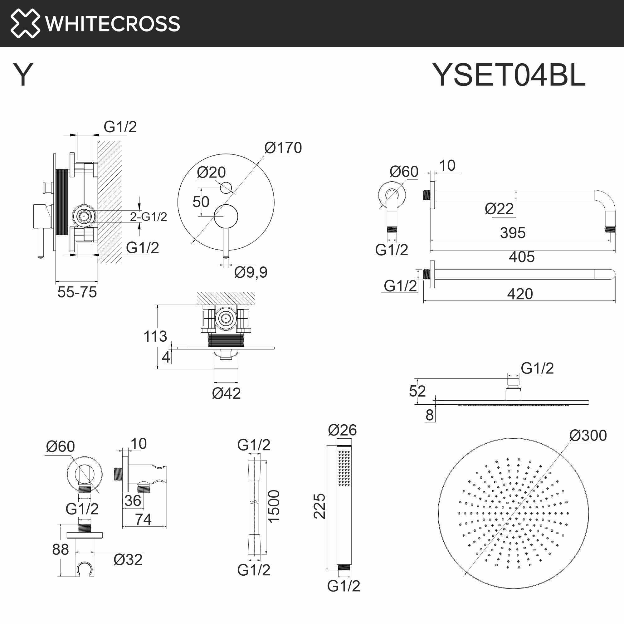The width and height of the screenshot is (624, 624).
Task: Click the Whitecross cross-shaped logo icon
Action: tap(25, 23)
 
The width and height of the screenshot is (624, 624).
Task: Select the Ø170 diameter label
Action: tap(283, 148)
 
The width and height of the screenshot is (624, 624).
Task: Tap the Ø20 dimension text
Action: tap(211, 173)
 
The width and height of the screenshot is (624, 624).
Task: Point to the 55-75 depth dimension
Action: tap(77, 292)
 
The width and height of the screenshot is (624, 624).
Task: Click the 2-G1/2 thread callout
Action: tap(149, 217)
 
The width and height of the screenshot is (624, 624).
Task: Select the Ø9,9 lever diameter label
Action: tap(251, 272)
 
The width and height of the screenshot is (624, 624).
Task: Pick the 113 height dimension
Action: tap(155, 337)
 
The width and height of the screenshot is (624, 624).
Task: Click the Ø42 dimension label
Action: tap(226, 393)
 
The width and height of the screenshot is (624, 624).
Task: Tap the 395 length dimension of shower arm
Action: tap(513, 233)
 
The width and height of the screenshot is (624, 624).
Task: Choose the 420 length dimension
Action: tap(520, 294)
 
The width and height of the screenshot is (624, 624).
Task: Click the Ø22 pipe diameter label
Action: tap(499, 209)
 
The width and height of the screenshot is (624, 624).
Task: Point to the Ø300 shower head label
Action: tap(588, 435)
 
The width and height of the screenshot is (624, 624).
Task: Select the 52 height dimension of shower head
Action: tap(417, 391)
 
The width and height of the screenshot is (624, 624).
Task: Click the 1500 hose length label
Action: tap(274, 506)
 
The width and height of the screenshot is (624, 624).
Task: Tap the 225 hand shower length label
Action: tap(319, 506)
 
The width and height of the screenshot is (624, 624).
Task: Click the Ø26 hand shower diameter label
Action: tap(342, 430)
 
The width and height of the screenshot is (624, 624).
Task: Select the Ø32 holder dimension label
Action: tap(128, 560)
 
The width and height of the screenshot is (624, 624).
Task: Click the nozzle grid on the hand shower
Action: tap(344, 469)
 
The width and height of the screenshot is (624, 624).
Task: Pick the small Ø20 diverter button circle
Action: tap(226, 188)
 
